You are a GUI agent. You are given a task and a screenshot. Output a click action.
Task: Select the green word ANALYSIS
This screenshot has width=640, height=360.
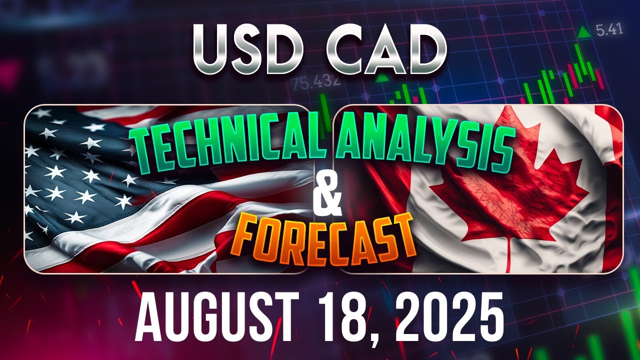(425, 145)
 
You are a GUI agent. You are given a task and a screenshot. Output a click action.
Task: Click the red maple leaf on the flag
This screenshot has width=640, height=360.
(505, 185)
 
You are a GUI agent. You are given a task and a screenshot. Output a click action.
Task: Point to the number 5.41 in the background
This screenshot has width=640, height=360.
(609, 30)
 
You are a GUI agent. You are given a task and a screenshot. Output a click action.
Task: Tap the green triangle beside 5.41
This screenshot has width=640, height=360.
(583, 32)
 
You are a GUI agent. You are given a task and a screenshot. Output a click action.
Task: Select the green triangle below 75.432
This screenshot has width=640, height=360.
(382, 77)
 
